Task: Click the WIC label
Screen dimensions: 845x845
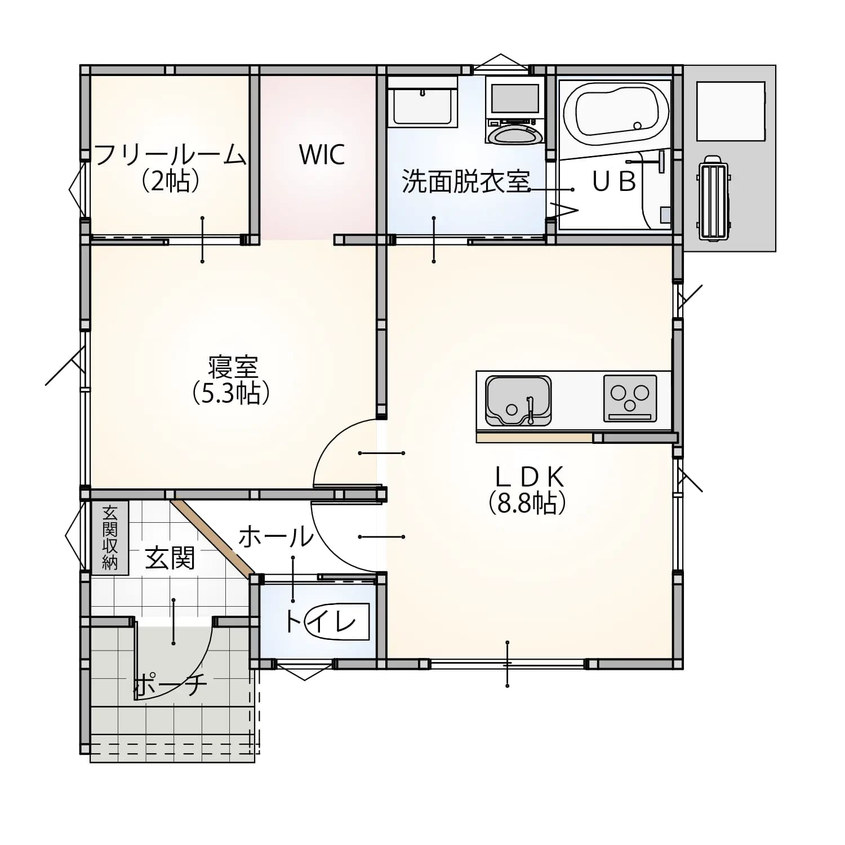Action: tap(322, 154)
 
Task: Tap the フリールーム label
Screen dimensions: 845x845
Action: tap(170, 154)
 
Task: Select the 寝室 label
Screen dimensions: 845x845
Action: tap(233, 367)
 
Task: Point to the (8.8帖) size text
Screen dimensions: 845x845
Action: tap(527, 502)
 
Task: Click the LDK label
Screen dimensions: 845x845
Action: tap(529, 477)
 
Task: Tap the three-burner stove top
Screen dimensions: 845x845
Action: tap(630, 398)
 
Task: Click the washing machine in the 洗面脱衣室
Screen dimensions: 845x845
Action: tap(515, 111)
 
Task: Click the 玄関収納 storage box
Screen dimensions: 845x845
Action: tap(110, 537)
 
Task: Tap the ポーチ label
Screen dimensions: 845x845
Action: tap(170, 684)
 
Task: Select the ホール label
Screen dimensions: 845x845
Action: tap(275, 536)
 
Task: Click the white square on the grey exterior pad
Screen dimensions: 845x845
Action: tap(731, 111)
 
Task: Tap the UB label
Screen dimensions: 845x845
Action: tap(614, 181)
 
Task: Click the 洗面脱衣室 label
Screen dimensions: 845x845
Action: tap(466, 181)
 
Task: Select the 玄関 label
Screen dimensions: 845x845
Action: tap(170, 558)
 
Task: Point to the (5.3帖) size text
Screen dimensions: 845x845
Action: tap(231, 393)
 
